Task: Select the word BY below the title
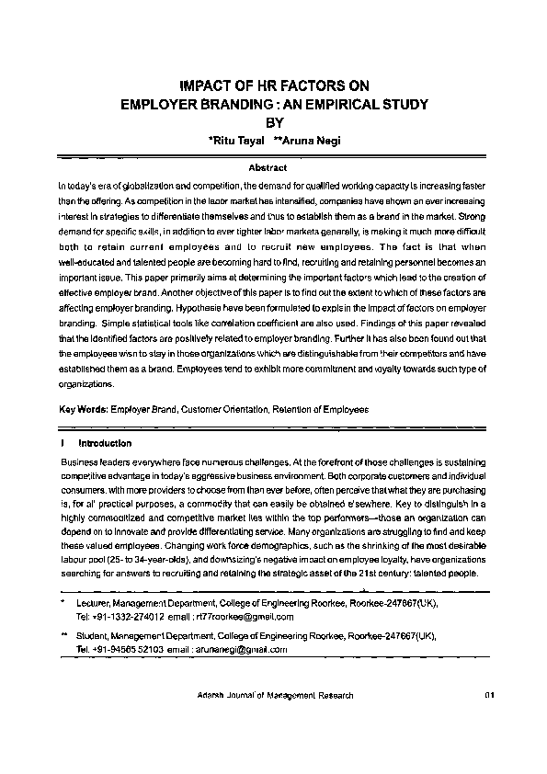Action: (275, 122)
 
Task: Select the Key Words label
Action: (82, 408)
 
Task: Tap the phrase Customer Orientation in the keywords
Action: (234, 408)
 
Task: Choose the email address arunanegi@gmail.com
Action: (242, 649)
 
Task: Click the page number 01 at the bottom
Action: (489, 697)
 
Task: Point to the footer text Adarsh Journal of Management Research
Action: (275, 697)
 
